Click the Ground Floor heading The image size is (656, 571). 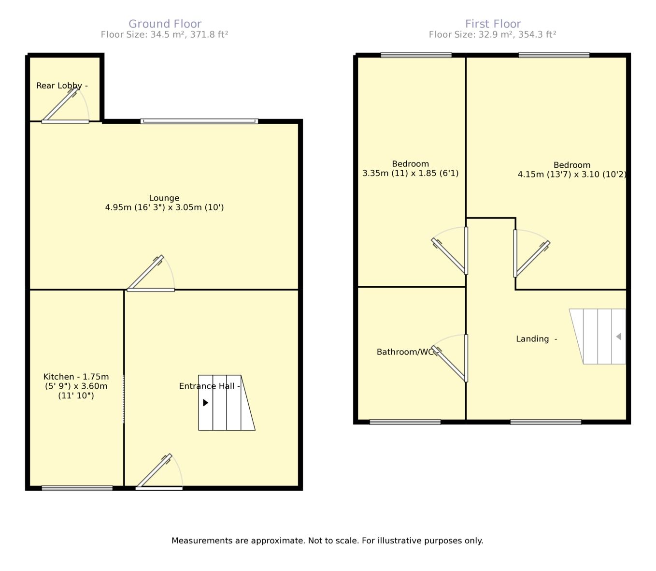coord(165,24)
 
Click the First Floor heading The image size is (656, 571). coord(493,24)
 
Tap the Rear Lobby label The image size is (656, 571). coord(62,86)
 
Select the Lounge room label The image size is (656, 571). coord(164,198)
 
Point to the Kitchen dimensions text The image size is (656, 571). coord(76,386)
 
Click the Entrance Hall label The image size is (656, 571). coord(209,386)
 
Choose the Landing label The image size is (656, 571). coord(536,339)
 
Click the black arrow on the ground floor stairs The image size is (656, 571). coord(205,403)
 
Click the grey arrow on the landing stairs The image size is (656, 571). coord(618,337)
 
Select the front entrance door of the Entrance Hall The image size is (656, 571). coord(159,472)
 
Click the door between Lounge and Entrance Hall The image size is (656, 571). coord(151,273)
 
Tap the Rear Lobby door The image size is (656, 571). coord(65,105)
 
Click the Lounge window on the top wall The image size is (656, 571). coord(199,121)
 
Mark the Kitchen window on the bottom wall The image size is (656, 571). coord(77,488)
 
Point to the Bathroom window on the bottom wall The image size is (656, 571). coord(405,422)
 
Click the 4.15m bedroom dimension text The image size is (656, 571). coord(572,174)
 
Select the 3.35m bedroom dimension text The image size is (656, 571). coord(411,173)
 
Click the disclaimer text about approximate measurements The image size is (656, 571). coord(327,541)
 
